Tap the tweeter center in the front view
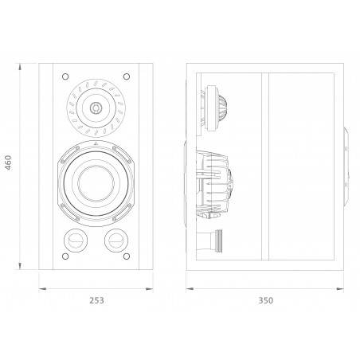point(95,107)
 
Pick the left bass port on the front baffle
point(74,238)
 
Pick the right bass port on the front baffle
point(115,238)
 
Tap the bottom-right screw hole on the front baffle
point(127,257)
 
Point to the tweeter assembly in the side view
point(215,107)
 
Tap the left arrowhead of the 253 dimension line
point(43,288)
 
